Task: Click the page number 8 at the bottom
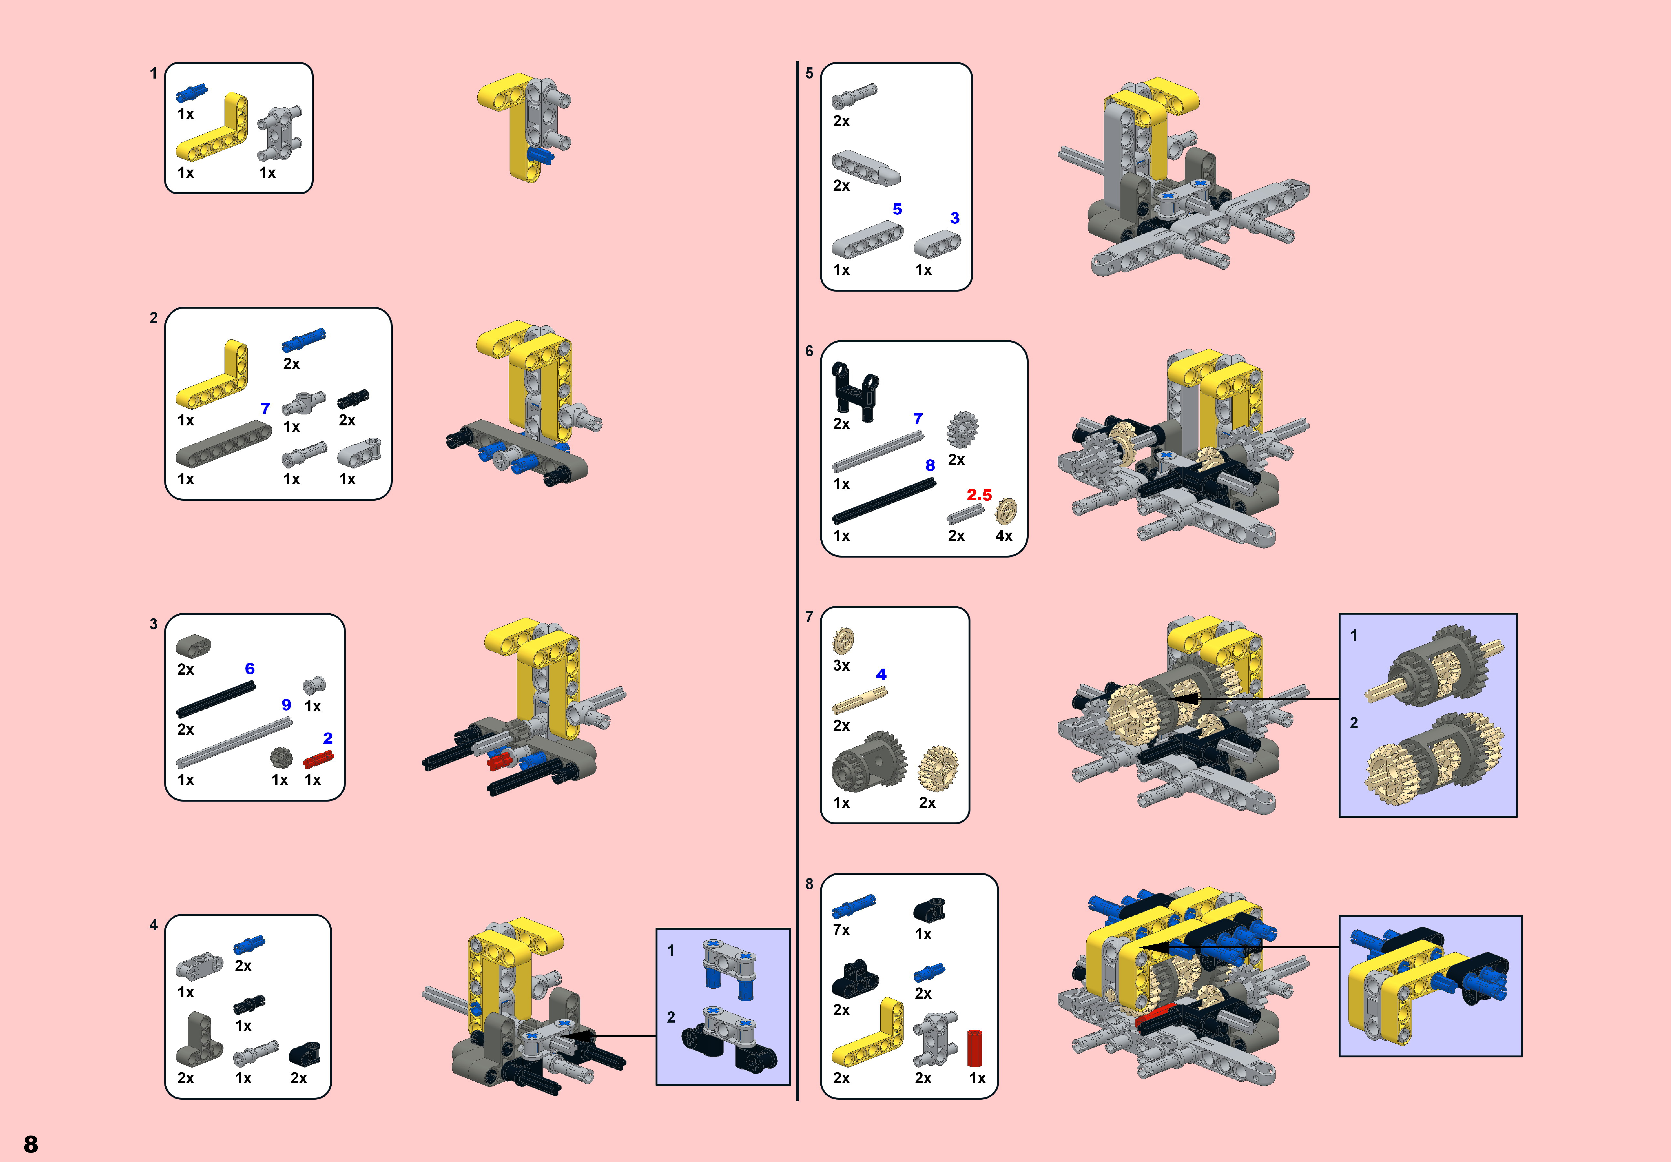(31, 1144)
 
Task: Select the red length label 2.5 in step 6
(979, 495)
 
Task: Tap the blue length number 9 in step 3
(286, 704)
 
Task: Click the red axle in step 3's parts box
(318, 759)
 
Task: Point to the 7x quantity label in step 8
(841, 930)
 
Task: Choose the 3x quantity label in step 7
(841, 665)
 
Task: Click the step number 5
(809, 73)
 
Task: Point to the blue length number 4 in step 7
(881, 674)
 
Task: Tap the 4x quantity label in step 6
(1004, 536)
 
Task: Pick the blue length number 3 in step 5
(955, 218)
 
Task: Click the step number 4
(153, 925)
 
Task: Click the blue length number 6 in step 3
(250, 668)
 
